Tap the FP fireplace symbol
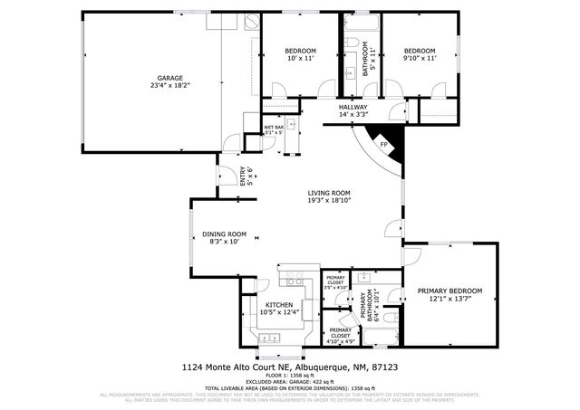point(383,144)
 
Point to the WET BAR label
point(274,128)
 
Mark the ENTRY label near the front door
point(242,175)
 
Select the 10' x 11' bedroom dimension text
point(300,58)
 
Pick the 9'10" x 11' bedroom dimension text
point(420,58)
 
